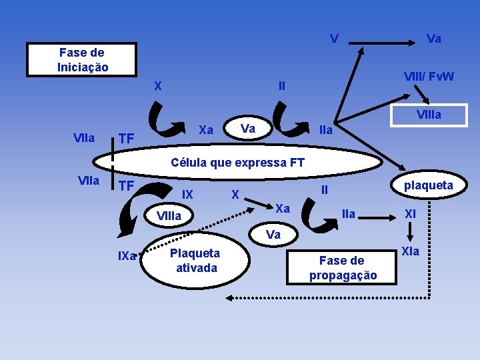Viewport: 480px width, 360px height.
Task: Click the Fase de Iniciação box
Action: pos(81,60)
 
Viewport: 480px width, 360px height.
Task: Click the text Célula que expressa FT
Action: pos(237,162)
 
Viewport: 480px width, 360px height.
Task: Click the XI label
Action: pos(410,214)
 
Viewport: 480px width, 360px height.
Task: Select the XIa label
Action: pos(411,251)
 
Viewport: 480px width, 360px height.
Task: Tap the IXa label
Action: pos(127,255)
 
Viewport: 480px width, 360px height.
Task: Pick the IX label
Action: pos(188,195)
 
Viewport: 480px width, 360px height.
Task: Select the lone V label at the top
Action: pos(333,38)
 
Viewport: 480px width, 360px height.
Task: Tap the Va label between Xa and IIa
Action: pos(247,127)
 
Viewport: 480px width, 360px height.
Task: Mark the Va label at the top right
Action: pos(433,39)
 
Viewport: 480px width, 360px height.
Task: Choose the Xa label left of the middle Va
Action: pos(206,129)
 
